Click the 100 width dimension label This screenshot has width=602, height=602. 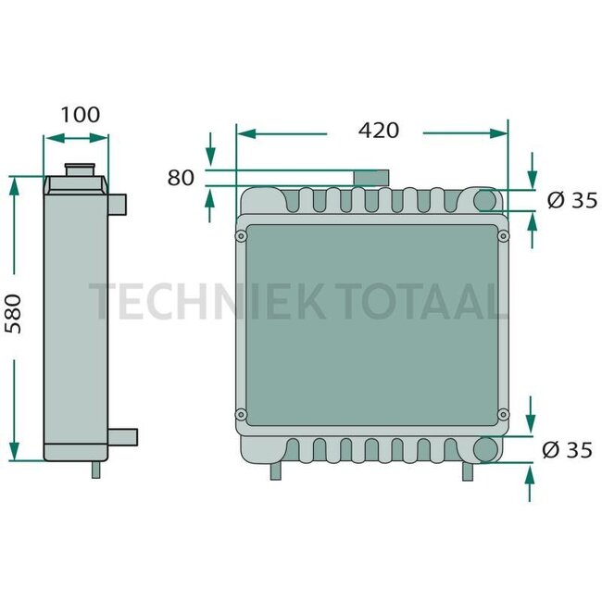[x=80, y=115]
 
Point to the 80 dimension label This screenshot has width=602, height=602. [x=181, y=177]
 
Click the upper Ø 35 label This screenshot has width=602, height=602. [x=571, y=199]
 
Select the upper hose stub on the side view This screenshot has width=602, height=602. [x=119, y=202]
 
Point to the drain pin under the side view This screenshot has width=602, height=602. [x=94, y=469]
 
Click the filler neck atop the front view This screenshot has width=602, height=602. [x=370, y=177]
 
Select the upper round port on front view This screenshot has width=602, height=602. [x=485, y=199]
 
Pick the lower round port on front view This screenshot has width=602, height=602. [x=485, y=449]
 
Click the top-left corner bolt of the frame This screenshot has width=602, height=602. [x=242, y=237]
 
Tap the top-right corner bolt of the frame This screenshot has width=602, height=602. [x=504, y=237]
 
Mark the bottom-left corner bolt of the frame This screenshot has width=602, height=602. [x=242, y=413]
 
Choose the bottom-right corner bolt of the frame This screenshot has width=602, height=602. [x=504, y=413]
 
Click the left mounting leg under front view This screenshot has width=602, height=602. [x=274, y=470]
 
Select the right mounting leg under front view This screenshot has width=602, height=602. [x=469, y=470]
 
